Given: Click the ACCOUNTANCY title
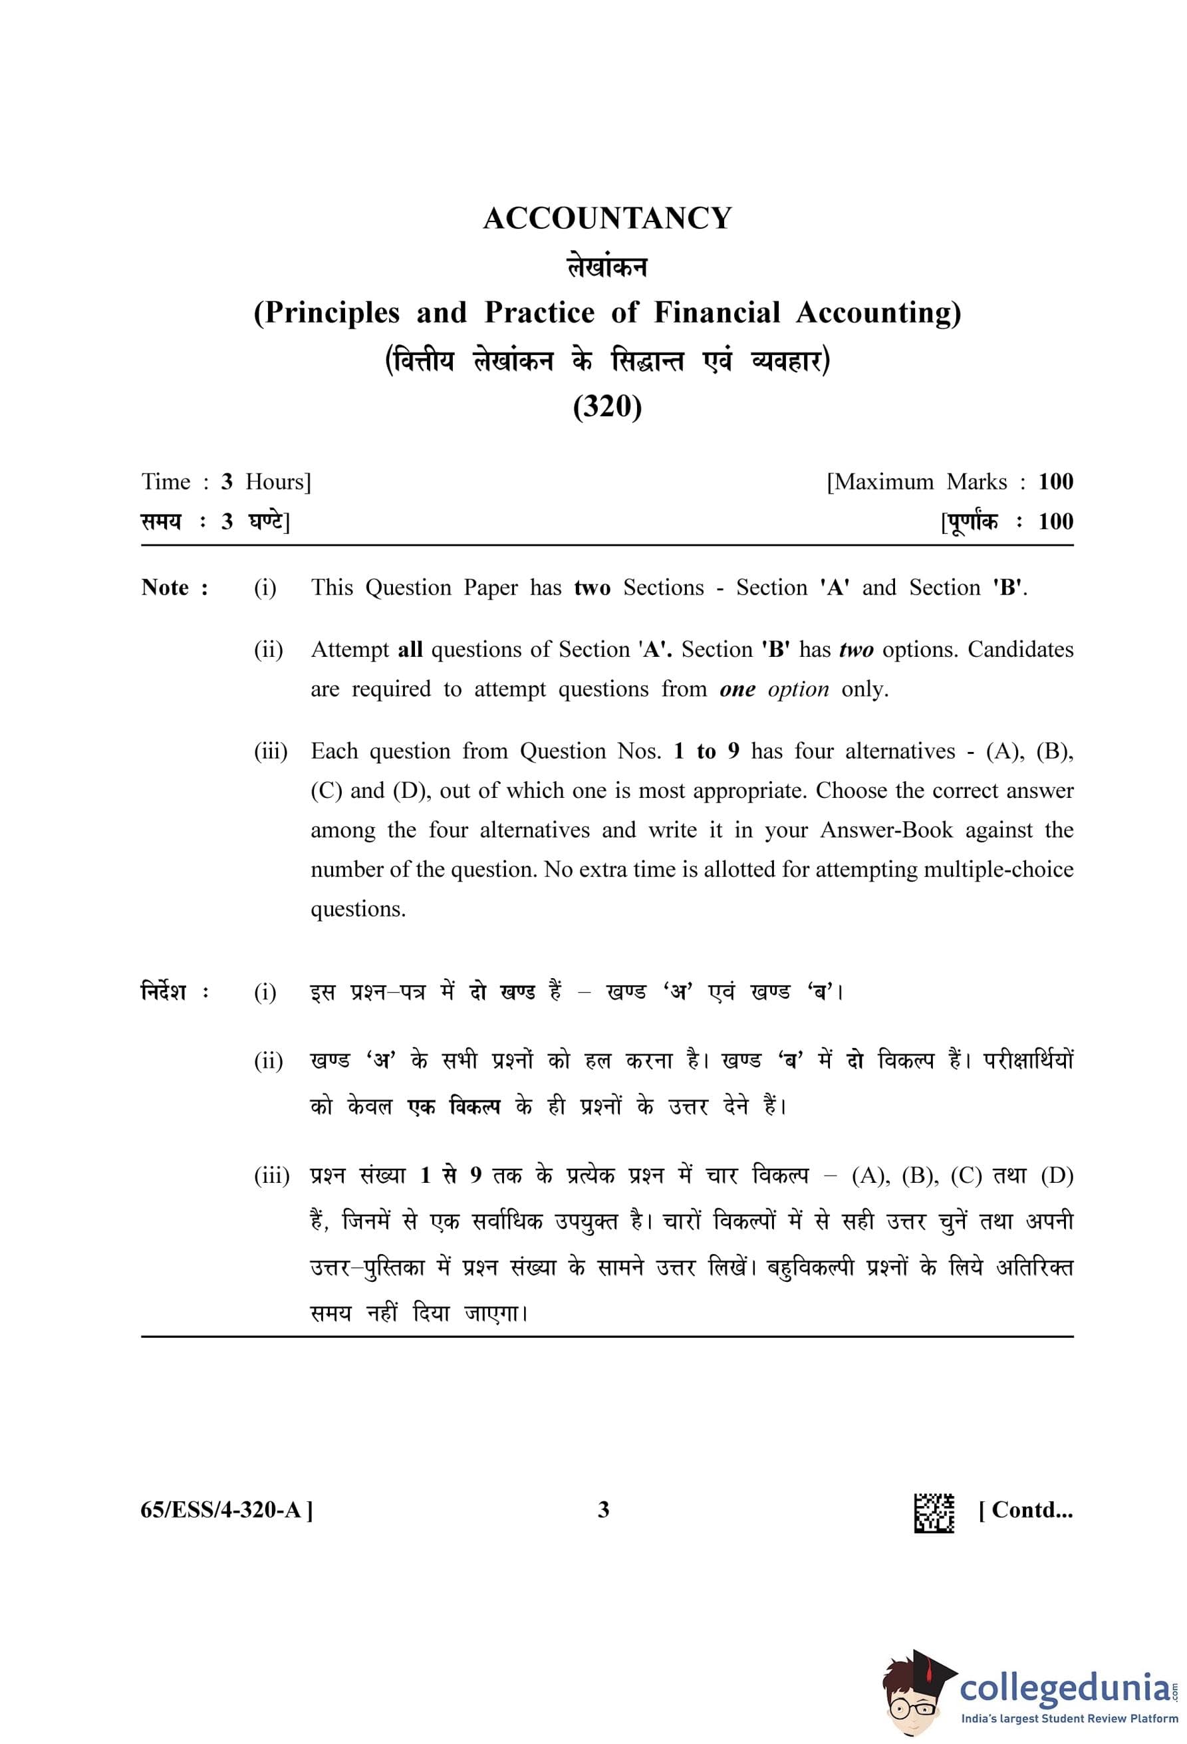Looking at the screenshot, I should click(607, 218).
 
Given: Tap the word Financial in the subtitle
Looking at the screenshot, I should click(717, 312).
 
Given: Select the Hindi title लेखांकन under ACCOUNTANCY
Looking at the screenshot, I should click(607, 267).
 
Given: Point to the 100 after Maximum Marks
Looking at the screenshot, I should click(1055, 482).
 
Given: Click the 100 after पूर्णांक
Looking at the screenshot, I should click(1055, 521).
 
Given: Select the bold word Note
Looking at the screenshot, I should click(166, 588).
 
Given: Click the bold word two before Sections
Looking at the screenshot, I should click(592, 588).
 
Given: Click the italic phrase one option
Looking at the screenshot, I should click(773, 689).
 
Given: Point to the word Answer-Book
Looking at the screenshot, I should click(886, 830).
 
